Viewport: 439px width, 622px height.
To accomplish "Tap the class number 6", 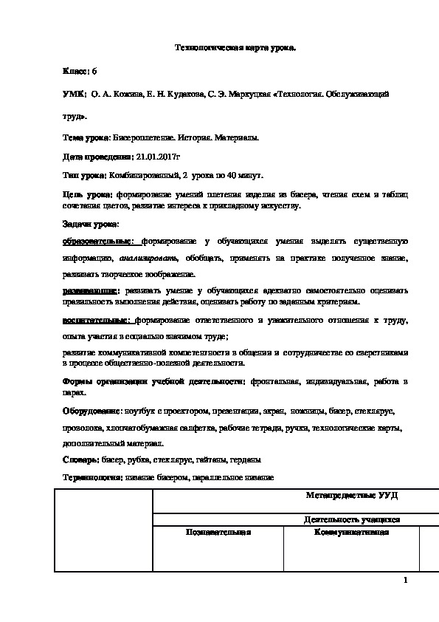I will point(94,71).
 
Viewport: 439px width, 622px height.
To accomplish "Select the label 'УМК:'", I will point(75,95).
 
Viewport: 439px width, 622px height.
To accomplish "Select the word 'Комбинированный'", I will point(143,175).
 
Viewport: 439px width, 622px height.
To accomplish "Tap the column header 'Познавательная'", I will point(219,532).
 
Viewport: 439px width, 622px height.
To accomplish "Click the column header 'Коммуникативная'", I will point(351,532).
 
